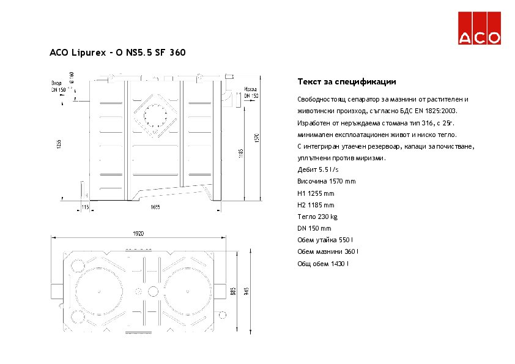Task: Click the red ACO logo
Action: pos(480,28)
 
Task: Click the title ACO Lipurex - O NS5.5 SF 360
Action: pos(117,53)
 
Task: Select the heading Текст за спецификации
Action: pos(346,81)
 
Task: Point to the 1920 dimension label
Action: pos(138,234)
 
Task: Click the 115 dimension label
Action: pos(85,208)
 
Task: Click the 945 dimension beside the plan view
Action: pos(247,291)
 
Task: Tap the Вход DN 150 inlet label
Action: pos(58,86)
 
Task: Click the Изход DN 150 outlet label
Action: pos(251,92)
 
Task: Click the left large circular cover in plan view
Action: pos(99,291)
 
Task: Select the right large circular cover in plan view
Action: pos(187,291)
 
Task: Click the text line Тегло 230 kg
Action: pos(317,217)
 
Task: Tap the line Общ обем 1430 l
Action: pos(322,263)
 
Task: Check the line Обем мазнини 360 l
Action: pos(327,251)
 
